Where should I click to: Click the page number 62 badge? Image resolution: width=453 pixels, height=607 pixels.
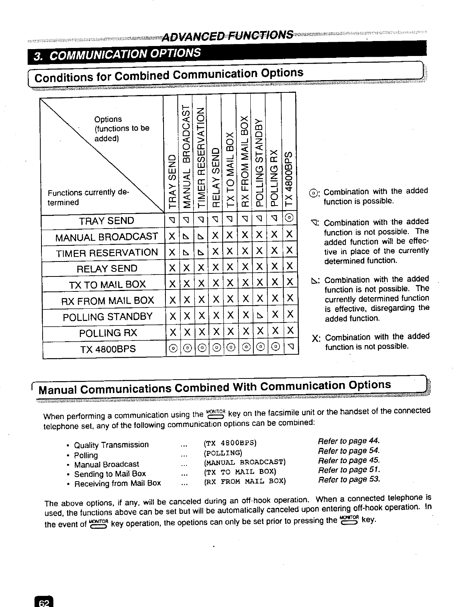[x=44, y=602]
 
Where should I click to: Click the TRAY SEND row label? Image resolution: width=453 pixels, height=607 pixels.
[x=106, y=221]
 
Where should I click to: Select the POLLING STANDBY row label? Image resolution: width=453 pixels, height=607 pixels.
[x=107, y=317]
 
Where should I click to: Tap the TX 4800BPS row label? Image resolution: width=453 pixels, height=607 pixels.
[x=108, y=349]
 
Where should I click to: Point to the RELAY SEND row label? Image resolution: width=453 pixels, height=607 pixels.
[x=107, y=268]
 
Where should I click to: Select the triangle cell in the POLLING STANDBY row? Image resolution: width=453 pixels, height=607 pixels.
[x=260, y=316]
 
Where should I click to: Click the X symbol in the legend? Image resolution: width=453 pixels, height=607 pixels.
[x=316, y=338]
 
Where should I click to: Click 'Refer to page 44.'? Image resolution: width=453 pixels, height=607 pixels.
[x=349, y=441]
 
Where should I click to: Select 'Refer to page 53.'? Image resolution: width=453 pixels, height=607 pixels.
[x=349, y=479]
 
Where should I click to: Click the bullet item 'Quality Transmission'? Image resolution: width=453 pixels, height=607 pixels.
[x=111, y=445]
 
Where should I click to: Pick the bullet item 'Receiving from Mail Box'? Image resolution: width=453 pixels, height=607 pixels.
[x=117, y=483]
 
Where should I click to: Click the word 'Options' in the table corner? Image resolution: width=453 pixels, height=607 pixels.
[x=108, y=119]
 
